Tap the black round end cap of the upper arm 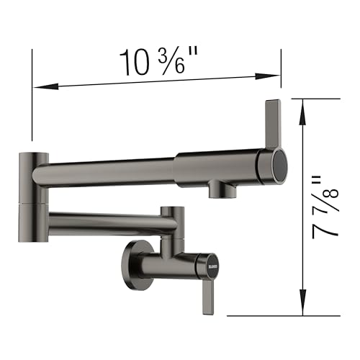pyautogui.click(x=277, y=163)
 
